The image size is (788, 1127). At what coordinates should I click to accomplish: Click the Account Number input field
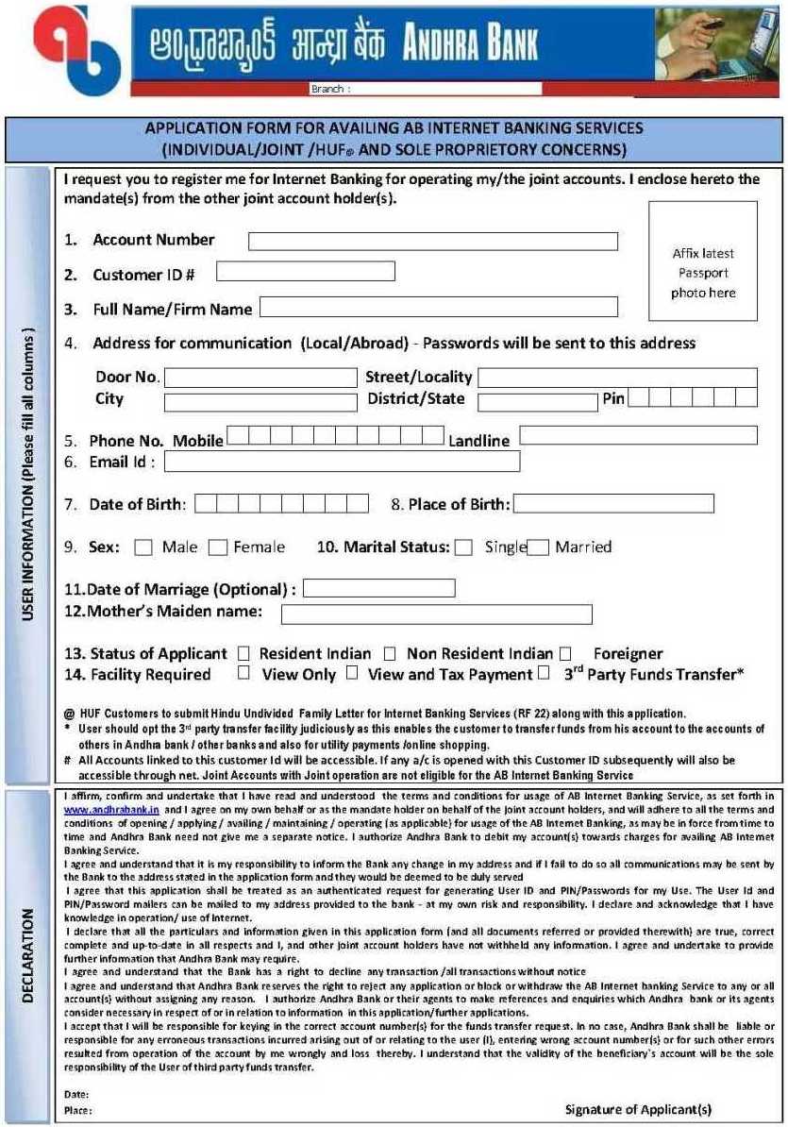click(432, 242)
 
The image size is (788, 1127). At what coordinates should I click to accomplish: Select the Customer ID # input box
click(305, 272)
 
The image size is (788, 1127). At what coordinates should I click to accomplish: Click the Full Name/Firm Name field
click(438, 307)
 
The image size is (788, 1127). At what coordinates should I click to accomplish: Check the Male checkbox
click(143, 547)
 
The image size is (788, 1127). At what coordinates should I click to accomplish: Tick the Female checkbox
click(218, 547)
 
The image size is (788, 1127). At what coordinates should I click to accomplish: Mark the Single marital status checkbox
click(463, 547)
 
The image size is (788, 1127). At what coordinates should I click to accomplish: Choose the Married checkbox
click(538, 547)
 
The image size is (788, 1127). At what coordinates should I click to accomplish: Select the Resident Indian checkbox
click(243, 653)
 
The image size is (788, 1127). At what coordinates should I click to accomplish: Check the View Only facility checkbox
click(243, 673)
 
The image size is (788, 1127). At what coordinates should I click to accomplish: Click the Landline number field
click(638, 436)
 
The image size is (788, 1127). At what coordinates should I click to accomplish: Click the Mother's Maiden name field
click(436, 614)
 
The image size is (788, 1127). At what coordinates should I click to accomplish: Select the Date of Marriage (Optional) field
click(378, 589)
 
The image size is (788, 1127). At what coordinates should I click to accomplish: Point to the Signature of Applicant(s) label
click(638, 1109)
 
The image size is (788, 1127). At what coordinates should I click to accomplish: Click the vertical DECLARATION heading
click(27, 954)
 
